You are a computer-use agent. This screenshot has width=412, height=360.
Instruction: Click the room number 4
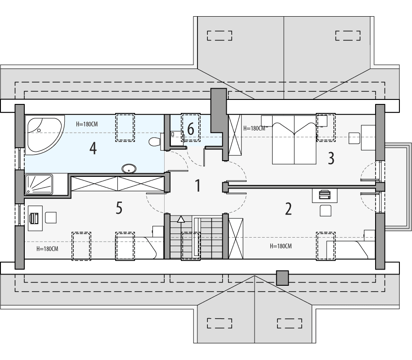pos(93,148)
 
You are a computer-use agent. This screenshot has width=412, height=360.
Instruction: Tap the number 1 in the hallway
pos(197,185)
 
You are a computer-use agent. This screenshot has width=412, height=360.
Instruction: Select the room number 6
pos(191,130)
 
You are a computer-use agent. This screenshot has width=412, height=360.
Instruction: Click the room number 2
pos(288,208)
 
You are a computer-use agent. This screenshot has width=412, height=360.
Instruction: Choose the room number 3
pos(331,158)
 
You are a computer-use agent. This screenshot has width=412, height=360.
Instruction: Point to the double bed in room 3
pos(294,139)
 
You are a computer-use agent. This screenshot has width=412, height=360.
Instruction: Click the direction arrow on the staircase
pos(181,220)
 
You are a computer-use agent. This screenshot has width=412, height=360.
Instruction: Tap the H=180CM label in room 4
pos(86,124)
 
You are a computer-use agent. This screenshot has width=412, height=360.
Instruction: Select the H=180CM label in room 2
pos(281,246)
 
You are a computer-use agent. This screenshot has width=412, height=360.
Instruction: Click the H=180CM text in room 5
pos(47,248)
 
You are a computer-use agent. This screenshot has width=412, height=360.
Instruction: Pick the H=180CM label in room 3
pos(255,128)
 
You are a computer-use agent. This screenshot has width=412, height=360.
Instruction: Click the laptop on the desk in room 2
pos(324,194)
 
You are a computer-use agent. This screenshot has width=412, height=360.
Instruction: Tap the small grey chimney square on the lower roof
pos(282,278)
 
